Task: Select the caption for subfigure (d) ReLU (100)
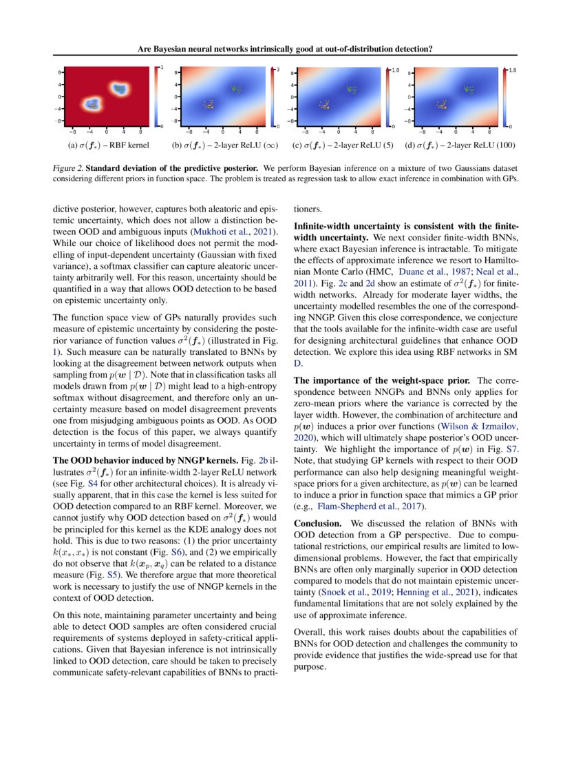[460, 145]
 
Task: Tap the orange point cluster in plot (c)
[324, 106]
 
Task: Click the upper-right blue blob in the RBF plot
[120, 88]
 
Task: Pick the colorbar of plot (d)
[506, 99]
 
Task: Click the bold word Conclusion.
[319, 523]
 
